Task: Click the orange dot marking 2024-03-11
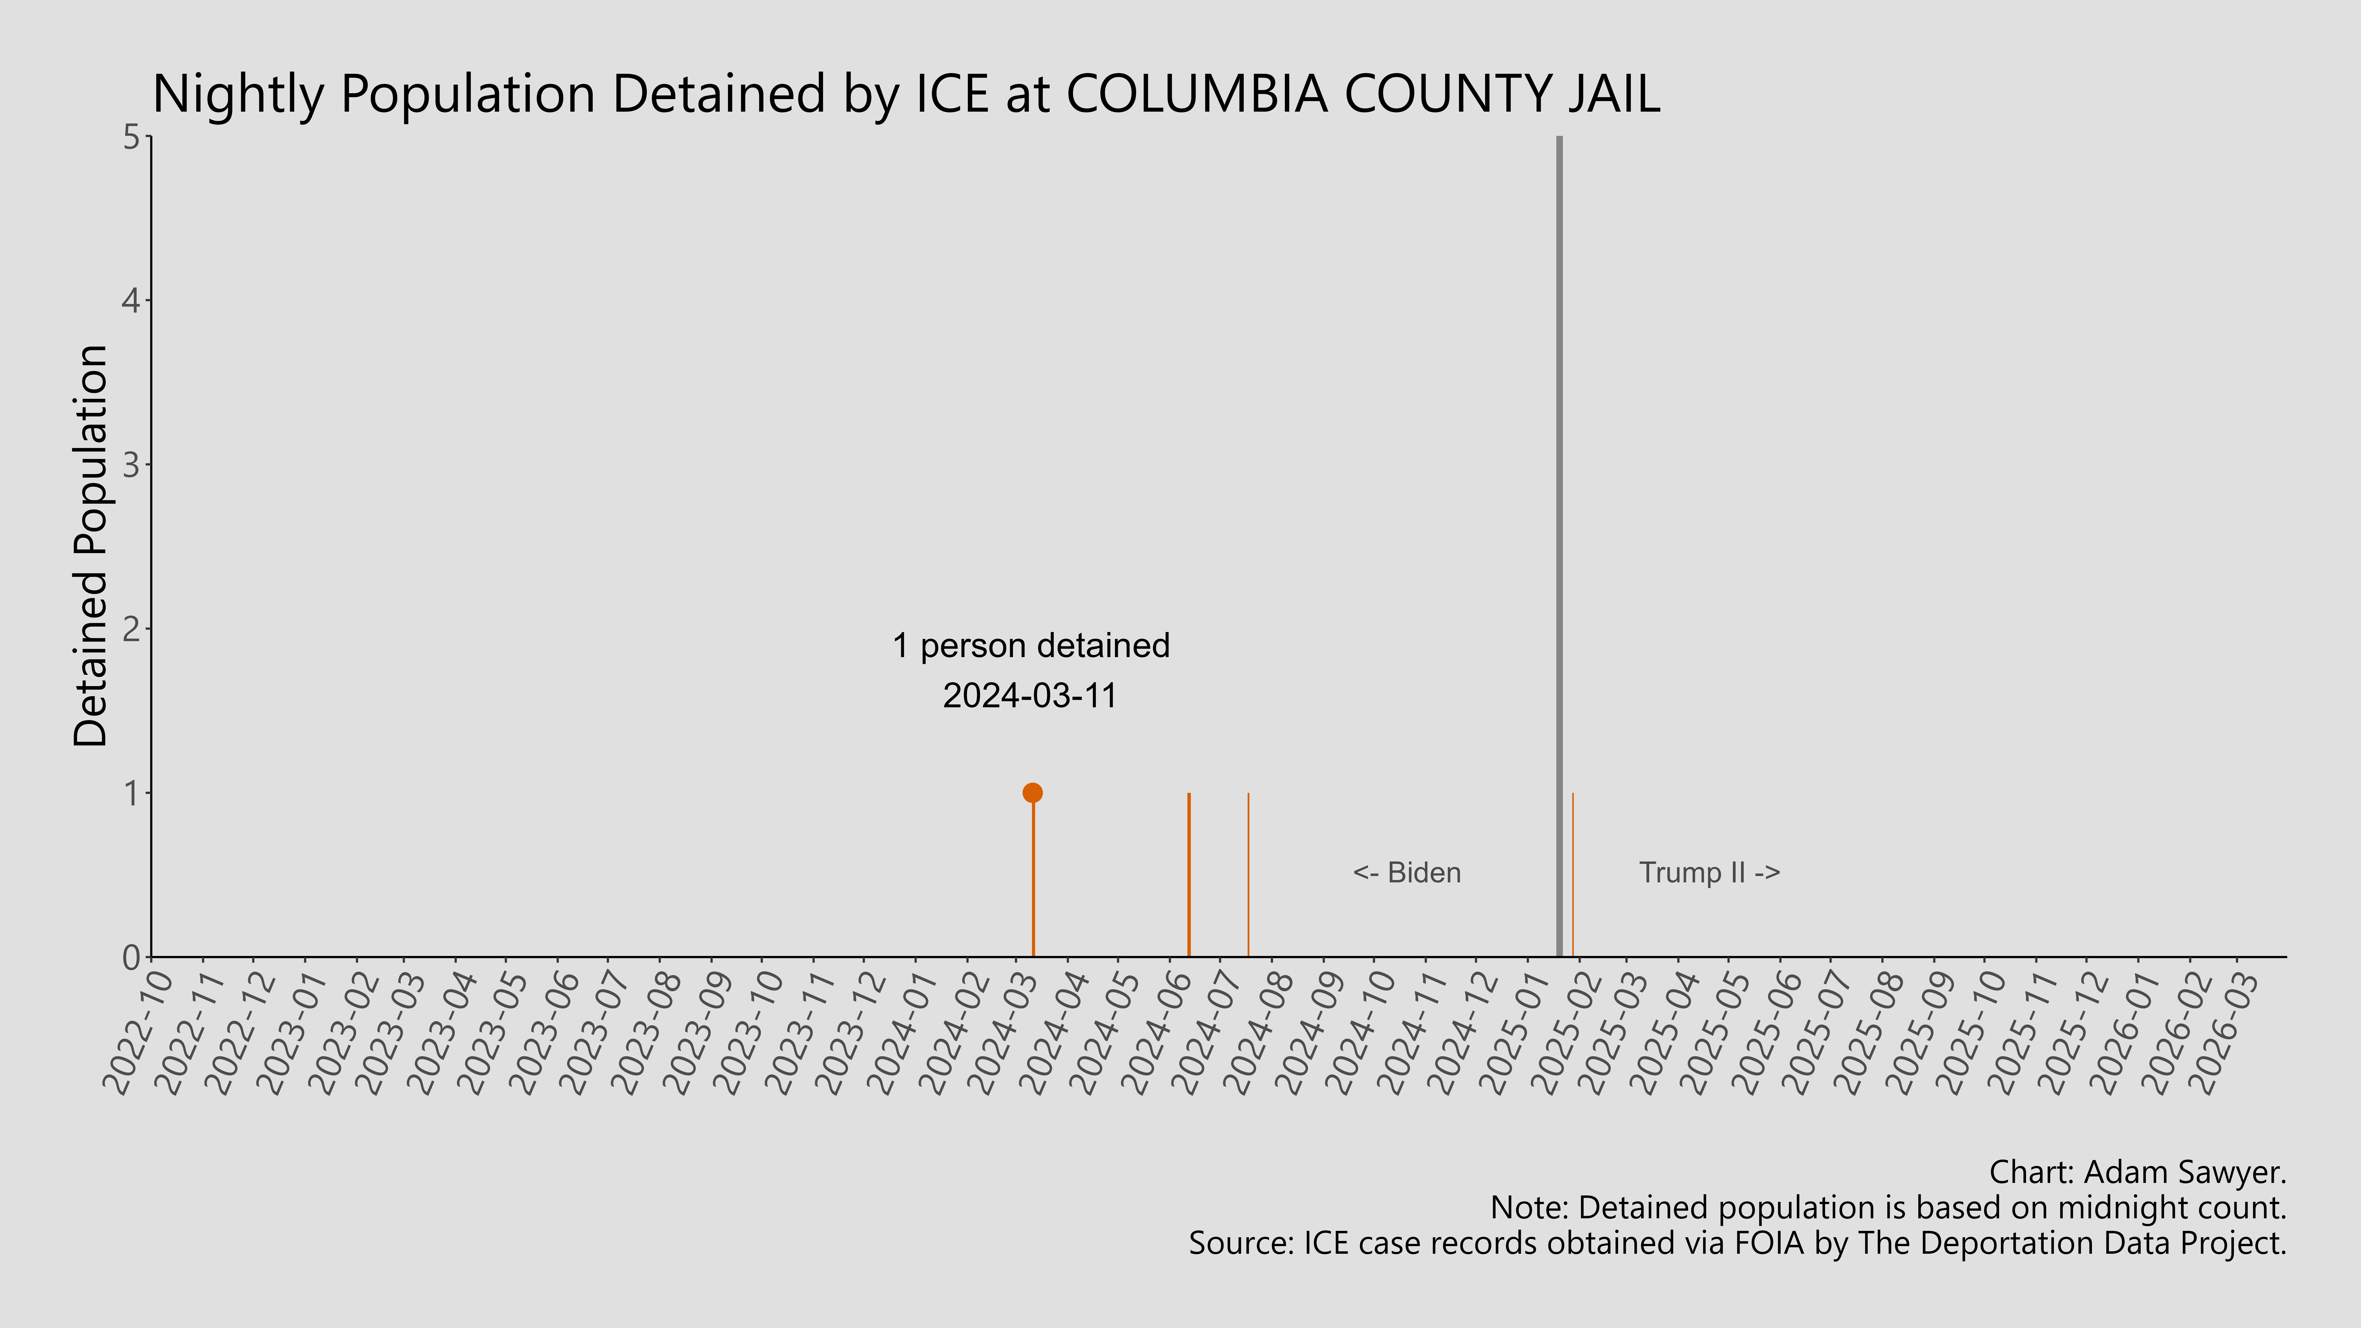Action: tap(1032, 793)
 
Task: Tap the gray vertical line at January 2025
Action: tap(1559, 550)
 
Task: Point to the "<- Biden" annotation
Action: tap(1407, 873)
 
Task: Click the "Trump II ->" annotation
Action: tap(1709, 873)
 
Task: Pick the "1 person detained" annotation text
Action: tap(1031, 646)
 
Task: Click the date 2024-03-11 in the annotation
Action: tap(1030, 696)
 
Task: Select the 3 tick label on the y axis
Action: tap(131, 465)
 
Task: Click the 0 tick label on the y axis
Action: tap(131, 957)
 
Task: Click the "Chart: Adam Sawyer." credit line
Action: tap(2137, 1172)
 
